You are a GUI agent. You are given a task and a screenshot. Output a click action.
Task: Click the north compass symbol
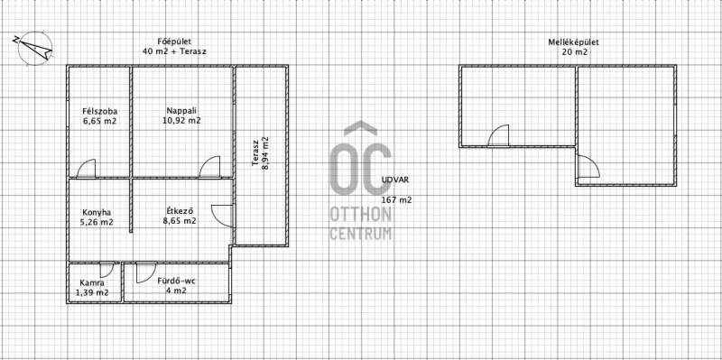coord(34,48)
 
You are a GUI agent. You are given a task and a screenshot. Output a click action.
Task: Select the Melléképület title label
coord(573,42)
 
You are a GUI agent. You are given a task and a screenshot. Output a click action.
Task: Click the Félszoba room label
coord(100,111)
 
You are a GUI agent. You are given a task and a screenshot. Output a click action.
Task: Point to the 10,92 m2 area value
coord(182,121)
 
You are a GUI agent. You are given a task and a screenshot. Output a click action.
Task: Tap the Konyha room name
coord(97,213)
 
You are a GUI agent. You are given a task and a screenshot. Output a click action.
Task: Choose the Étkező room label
coord(180,211)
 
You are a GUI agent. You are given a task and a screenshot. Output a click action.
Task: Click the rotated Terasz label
coord(255,153)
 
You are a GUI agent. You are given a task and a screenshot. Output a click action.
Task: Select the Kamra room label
coord(92,282)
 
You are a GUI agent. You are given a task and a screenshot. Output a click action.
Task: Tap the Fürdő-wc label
coord(177,281)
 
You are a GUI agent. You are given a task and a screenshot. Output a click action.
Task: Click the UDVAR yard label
coord(395,180)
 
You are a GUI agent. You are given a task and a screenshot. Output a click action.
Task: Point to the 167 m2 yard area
coord(396,199)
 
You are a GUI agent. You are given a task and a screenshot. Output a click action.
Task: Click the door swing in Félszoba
coord(86,169)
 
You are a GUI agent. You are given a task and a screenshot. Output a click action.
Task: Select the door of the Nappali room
coord(210,167)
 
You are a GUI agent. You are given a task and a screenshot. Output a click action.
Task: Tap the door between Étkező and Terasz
coord(223,216)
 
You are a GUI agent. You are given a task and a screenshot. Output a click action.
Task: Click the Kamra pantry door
coord(106,270)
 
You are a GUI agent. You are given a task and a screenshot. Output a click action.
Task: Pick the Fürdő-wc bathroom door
coord(146,272)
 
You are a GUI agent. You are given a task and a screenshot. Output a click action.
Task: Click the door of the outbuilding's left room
coord(499,136)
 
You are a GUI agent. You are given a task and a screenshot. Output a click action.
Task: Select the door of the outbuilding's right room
coord(589,167)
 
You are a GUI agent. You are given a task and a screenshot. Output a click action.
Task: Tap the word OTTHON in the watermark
coord(360,215)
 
